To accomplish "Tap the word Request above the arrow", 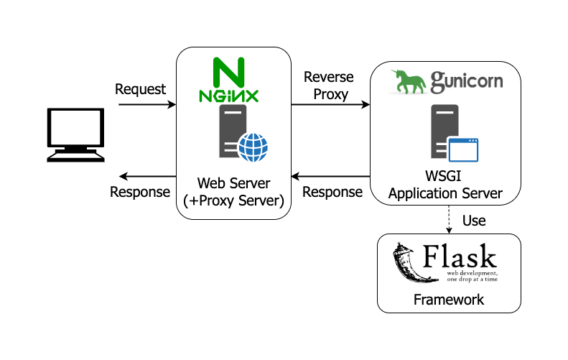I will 140,89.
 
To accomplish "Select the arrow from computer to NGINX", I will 146,105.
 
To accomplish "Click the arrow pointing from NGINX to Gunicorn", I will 330,105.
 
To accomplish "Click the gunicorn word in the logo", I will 466,82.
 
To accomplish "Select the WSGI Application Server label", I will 449,185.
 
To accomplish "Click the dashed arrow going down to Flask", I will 449,219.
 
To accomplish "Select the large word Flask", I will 460,257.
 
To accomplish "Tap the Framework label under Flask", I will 449,299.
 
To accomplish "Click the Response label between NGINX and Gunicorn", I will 332,192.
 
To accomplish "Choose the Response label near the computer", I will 140,192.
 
